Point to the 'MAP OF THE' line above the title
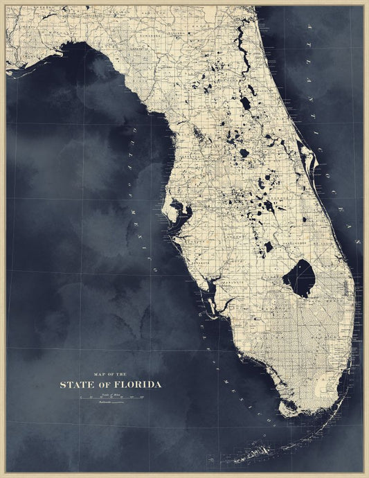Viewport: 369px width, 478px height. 111,374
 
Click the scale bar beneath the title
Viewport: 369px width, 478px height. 111,398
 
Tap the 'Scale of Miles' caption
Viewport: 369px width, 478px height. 111,393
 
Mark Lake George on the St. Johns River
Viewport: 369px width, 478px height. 245,103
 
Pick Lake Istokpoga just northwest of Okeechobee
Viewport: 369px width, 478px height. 268,246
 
